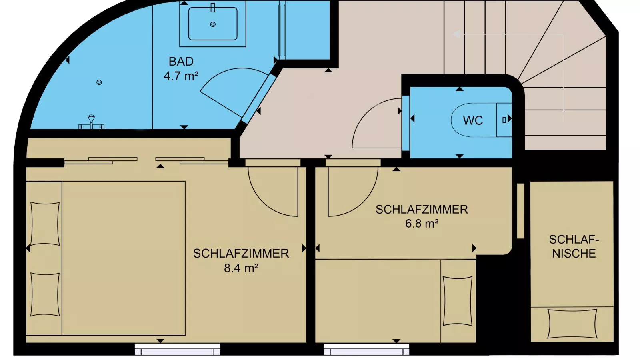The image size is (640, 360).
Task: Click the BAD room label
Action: click(x=181, y=62)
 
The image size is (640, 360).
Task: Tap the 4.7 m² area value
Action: click(x=181, y=76)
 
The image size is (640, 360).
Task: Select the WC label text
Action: click(x=473, y=120)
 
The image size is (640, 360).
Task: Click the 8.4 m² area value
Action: click(x=241, y=268)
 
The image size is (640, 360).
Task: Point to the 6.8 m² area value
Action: click(x=422, y=224)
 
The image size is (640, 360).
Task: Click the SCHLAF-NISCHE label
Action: click(x=574, y=246)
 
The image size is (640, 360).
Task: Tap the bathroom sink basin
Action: click(x=213, y=24)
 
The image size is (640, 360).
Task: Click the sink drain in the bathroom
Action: click(x=213, y=24)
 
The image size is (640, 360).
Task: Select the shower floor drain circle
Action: click(x=99, y=82)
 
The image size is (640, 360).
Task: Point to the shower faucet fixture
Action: click(x=92, y=122)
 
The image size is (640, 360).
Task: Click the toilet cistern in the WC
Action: click(x=504, y=120)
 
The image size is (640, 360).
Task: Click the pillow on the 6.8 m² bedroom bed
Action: click(x=458, y=301)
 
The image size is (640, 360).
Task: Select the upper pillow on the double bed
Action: click(x=45, y=224)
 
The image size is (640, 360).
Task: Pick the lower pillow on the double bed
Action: click(x=45, y=294)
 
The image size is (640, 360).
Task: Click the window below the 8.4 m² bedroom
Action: click(x=178, y=349)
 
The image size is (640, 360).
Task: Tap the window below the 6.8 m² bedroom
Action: click(x=366, y=349)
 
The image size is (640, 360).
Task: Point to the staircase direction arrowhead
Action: click(x=456, y=34)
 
